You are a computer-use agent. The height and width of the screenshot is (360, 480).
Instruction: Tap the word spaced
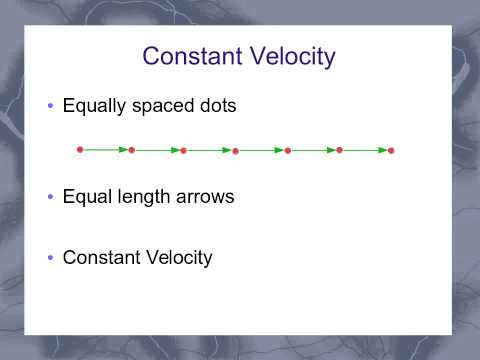click(x=163, y=106)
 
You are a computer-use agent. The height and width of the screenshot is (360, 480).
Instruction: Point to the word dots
click(x=216, y=105)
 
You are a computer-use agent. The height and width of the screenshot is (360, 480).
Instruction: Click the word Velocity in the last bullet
click(x=178, y=257)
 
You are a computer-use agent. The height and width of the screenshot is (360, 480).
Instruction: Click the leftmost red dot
click(x=80, y=150)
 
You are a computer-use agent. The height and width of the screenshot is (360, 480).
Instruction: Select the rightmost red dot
click(x=391, y=151)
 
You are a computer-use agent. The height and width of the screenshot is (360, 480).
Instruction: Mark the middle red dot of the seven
click(x=235, y=151)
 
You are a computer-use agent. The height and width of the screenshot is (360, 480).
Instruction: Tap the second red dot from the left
click(x=132, y=150)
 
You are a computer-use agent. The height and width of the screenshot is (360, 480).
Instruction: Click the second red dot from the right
click(x=339, y=150)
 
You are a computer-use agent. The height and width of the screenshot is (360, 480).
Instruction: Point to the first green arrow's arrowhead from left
click(x=121, y=150)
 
